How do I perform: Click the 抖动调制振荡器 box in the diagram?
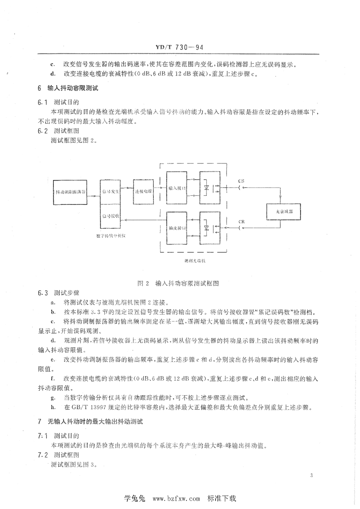tap(71, 191)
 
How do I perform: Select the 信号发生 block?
tap(110, 191)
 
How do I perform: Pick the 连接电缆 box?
tap(143, 191)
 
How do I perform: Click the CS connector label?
tap(242, 181)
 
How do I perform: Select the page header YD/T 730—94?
tap(180, 48)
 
